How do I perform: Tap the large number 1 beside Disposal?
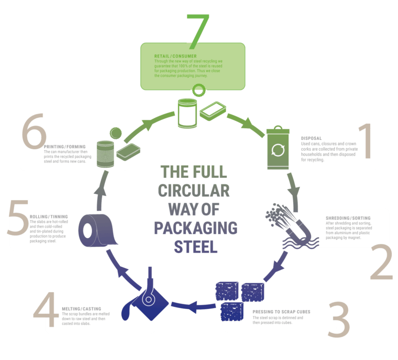[x=366, y=141]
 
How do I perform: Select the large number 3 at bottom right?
[x=339, y=319]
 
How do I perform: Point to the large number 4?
[x=45, y=309]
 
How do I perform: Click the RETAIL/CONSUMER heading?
[x=175, y=56]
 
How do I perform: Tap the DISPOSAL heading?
[x=311, y=138]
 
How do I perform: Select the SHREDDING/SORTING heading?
[x=348, y=218]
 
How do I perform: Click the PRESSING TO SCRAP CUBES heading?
[x=281, y=312]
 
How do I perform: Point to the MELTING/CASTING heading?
[x=81, y=309]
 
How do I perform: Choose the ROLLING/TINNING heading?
[x=49, y=217]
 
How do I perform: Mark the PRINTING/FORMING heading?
[x=65, y=147]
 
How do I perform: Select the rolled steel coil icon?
[x=97, y=230]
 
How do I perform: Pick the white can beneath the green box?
[x=187, y=113]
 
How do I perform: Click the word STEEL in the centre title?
[x=196, y=247]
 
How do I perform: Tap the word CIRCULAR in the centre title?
[x=194, y=191]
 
